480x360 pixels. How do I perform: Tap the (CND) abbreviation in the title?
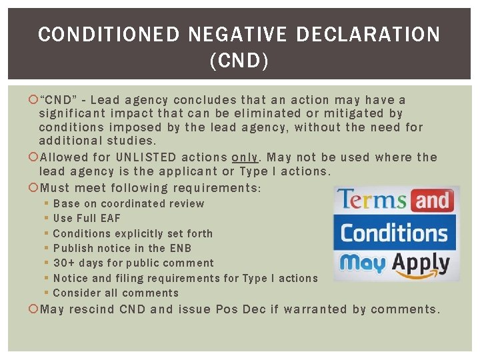[239, 62]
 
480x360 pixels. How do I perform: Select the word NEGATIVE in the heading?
[248, 35]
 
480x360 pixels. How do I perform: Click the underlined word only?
[244, 157]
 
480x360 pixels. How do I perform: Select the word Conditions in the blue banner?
[395, 233]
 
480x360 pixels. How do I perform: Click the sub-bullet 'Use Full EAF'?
[87, 218]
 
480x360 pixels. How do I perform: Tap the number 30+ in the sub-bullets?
[64, 263]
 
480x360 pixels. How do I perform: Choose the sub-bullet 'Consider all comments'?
[116, 293]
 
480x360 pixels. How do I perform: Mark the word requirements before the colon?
[216, 188]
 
